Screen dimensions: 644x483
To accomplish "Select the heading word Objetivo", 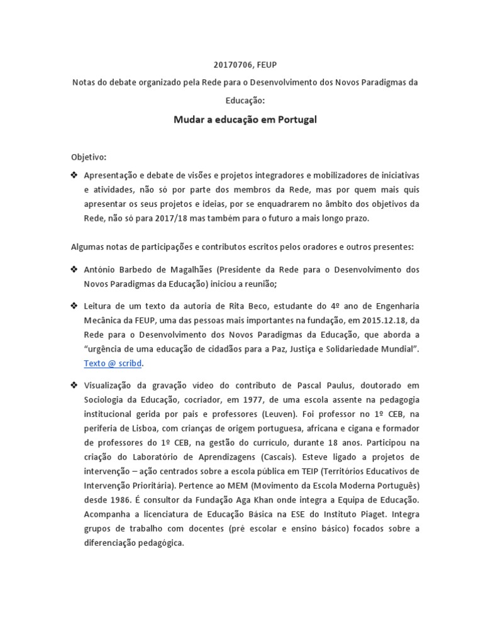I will [x=88, y=157].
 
